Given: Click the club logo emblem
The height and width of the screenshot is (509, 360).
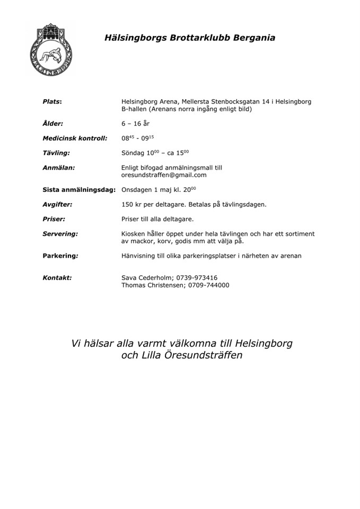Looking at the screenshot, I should [51, 49].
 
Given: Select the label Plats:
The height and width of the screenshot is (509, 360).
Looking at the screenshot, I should [52, 101].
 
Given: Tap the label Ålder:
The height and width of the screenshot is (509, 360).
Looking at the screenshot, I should [52, 124].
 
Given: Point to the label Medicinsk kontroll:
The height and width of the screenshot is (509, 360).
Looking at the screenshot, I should [75, 138].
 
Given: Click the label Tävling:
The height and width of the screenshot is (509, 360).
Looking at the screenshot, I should [56, 153].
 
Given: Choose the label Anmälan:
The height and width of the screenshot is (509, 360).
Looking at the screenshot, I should [58, 168].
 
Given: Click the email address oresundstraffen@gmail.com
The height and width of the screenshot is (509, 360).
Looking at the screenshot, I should [164, 175].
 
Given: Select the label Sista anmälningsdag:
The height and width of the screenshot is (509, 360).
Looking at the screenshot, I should [79, 189].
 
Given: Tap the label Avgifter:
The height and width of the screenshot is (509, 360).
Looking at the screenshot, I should [57, 204].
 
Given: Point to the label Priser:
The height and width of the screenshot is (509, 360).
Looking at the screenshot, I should [54, 218].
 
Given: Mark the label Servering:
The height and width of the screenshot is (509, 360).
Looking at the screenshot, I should [60, 233].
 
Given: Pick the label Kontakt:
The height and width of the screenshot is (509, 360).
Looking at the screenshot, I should [57, 277].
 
